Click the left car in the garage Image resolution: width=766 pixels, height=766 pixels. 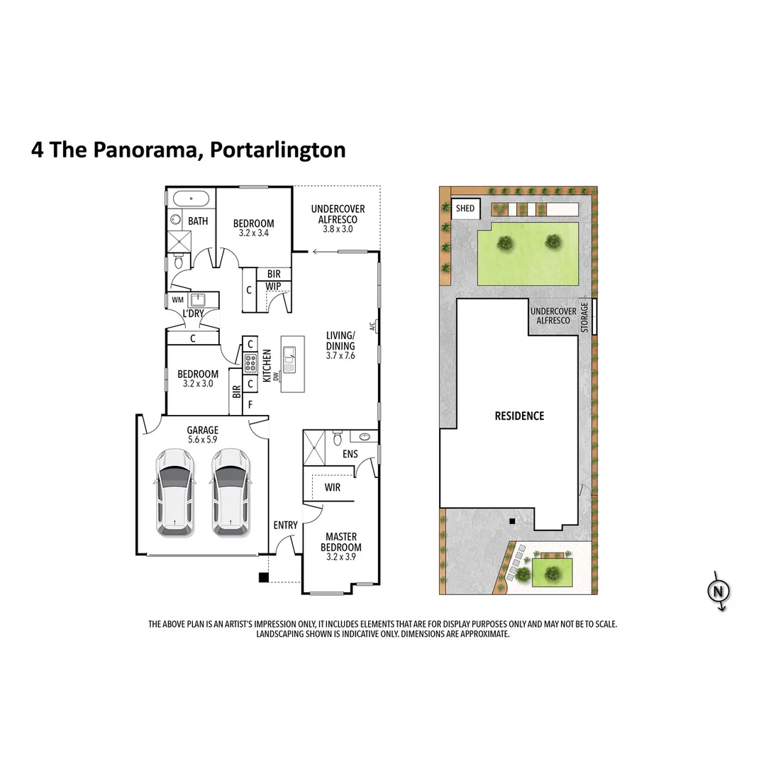[x=174, y=492]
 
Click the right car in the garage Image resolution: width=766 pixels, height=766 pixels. [x=230, y=492]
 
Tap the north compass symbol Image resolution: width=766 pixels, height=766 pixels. [x=719, y=590]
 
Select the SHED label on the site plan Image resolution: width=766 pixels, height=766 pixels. [x=465, y=209]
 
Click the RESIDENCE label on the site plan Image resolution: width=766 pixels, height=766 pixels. [x=519, y=416]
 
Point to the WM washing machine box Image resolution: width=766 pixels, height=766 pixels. [x=177, y=300]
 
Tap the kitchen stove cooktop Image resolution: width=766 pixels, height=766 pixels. [x=250, y=364]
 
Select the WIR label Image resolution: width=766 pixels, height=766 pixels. [x=332, y=488]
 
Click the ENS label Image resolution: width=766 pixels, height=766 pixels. [x=350, y=454]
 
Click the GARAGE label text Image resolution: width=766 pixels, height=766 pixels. [x=202, y=430]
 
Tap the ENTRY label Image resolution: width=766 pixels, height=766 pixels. [x=286, y=525]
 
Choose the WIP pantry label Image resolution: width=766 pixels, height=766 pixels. [x=273, y=286]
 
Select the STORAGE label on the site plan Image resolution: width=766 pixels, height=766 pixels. [x=585, y=316]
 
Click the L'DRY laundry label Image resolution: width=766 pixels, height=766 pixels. [x=193, y=314]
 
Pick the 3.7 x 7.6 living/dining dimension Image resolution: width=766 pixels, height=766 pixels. [x=340, y=355]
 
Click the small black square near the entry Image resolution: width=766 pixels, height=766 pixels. [x=264, y=577]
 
